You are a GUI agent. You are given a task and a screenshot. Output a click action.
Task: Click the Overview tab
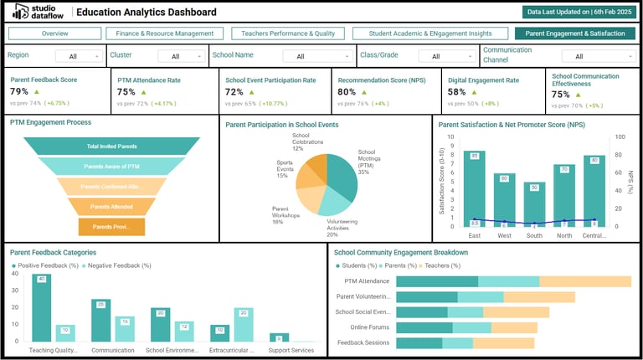tap(54, 33)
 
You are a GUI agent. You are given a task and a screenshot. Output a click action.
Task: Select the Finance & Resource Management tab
tap(164, 33)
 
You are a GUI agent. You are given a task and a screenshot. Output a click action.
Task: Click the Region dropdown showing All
tap(80, 56)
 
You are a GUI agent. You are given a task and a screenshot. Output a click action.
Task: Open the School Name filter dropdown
tap(306, 56)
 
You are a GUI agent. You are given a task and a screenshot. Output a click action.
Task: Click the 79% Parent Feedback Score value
tap(19, 91)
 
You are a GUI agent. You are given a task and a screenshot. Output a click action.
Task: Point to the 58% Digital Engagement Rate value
tap(457, 92)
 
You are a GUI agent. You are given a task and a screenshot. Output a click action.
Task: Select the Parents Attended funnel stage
tap(111, 206)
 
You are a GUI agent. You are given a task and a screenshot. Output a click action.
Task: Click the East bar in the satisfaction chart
tap(475, 188)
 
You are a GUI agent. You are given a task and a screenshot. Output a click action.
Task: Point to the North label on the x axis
tap(564, 235)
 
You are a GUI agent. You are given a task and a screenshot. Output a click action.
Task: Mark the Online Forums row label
tap(370, 327)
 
